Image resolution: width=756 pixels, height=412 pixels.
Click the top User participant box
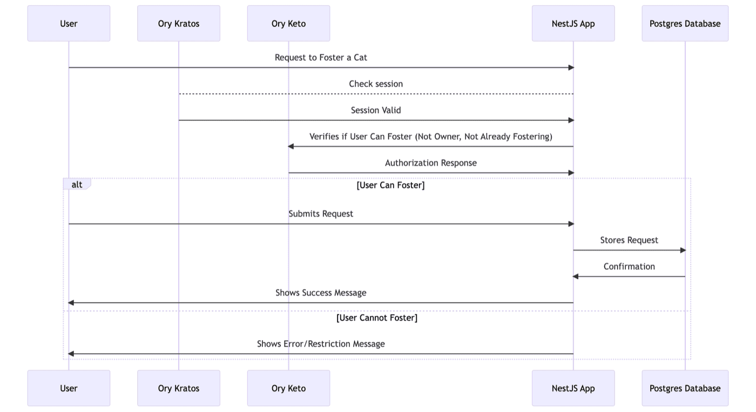point(69,24)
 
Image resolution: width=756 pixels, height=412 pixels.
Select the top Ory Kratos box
point(179,24)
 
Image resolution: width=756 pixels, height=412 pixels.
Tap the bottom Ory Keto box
point(288,388)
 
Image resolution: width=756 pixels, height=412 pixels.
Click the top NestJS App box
point(573,24)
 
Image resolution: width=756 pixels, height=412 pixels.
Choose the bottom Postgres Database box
point(685,388)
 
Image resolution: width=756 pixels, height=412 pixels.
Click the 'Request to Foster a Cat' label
point(321,57)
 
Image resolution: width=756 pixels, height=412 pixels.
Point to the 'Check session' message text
point(376,84)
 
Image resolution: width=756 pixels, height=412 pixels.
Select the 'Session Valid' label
point(376,110)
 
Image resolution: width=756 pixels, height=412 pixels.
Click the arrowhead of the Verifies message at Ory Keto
point(291,146)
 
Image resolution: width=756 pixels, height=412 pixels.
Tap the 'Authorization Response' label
point(430,163)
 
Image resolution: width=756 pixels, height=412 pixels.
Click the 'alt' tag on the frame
point(77,185)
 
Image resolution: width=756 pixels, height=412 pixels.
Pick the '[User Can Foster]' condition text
point(390,185)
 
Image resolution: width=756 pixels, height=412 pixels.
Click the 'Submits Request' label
point(321,214)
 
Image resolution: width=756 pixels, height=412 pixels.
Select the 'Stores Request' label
point(629,240)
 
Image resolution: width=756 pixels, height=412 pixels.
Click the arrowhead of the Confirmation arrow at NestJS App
point(576,276)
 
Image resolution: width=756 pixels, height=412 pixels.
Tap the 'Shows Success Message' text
point(321,293)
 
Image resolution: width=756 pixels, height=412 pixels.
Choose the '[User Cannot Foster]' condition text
point(377,318)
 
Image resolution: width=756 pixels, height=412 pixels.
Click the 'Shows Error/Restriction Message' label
point(321,344)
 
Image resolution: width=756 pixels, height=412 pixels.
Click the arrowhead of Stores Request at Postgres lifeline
point(683,250)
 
